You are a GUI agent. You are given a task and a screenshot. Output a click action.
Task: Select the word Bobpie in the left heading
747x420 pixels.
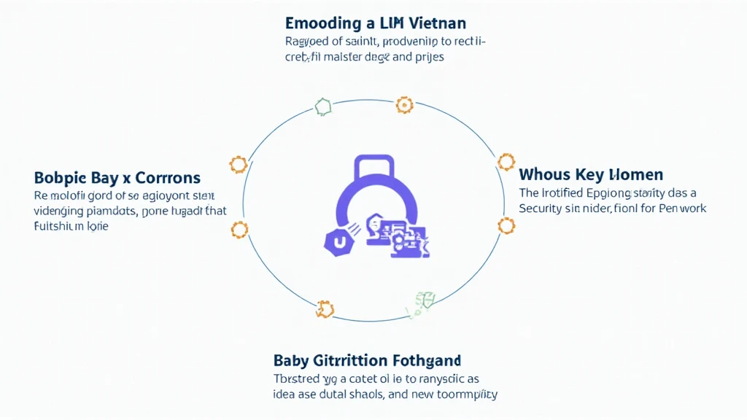pos(60,178)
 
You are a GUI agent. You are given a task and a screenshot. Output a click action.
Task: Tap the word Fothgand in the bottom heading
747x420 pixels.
pos(425,360)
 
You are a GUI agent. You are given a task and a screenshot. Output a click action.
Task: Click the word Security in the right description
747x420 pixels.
pos(543,209)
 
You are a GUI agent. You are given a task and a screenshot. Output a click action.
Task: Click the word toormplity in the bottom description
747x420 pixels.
pos(462,394)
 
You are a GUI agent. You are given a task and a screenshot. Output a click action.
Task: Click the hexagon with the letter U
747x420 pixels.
pos(337,241)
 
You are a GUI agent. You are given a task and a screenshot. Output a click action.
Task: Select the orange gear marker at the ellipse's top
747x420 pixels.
pos(404,105)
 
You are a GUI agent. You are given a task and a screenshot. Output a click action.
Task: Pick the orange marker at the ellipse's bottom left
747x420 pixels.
pos(324,309)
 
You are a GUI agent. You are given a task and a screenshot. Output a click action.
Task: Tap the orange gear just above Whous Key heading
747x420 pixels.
pos(506,162)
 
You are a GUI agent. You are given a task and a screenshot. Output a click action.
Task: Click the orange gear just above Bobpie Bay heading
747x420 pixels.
pos(238,164)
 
